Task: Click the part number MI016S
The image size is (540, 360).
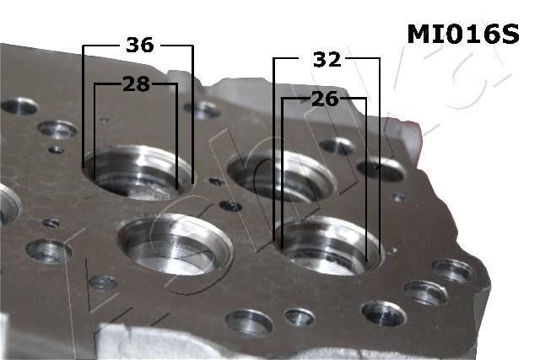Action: coord(463,34)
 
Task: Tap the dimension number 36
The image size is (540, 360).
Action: coord(139,45)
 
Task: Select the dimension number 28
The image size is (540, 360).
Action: coord(137,84)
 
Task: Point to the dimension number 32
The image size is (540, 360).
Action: coord(327,59)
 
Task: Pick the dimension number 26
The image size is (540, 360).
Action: coord(325,99)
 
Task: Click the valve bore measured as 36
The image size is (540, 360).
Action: coord(138,173)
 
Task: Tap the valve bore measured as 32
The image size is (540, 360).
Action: coord(329,245)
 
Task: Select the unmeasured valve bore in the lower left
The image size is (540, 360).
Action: coord(175,244)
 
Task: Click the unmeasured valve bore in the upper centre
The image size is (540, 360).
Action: coord(281,176)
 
